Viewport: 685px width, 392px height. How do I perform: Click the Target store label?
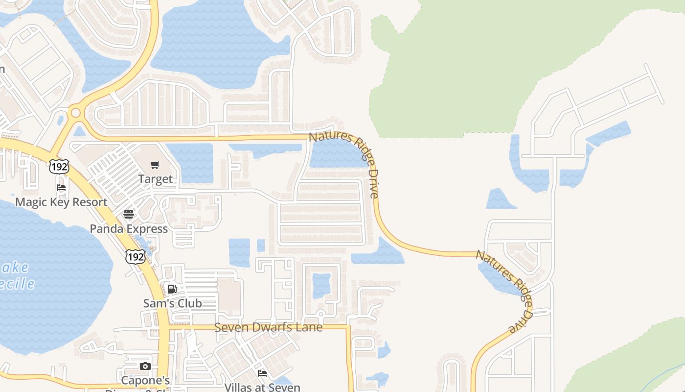(x=156, y=179)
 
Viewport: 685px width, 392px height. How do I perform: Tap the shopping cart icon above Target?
(x=155, y=165)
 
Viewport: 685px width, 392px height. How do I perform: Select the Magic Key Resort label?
(x=61, y=202)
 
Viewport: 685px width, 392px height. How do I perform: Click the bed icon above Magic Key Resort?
(x=61, y=188)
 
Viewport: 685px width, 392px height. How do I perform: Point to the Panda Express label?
(x=129, y=229)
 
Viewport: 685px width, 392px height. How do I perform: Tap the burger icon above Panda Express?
(x=129, y=214)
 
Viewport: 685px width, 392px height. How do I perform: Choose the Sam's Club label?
(x=172, y=303)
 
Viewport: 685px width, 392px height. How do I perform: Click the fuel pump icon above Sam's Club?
(x=172, y=289)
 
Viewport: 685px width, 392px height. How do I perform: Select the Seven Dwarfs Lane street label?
(x=269, y=327)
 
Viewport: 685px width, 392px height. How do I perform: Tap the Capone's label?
(x=145, y=380)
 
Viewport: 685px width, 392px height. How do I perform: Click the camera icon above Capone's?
(x=145, y=367)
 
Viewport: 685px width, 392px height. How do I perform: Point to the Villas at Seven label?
(x=262, y=387)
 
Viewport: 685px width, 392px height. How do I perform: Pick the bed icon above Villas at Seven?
(x=262, y=373)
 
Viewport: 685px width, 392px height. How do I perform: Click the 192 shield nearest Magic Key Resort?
(x=59, y=167)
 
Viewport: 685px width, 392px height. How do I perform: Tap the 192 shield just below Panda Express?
(x=135, y=256)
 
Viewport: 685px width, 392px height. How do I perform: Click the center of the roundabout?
(x=75, y=113)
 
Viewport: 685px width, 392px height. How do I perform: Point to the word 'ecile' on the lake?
(x=18, y=284)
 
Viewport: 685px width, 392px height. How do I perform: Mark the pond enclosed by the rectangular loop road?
(x=321, y=285)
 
